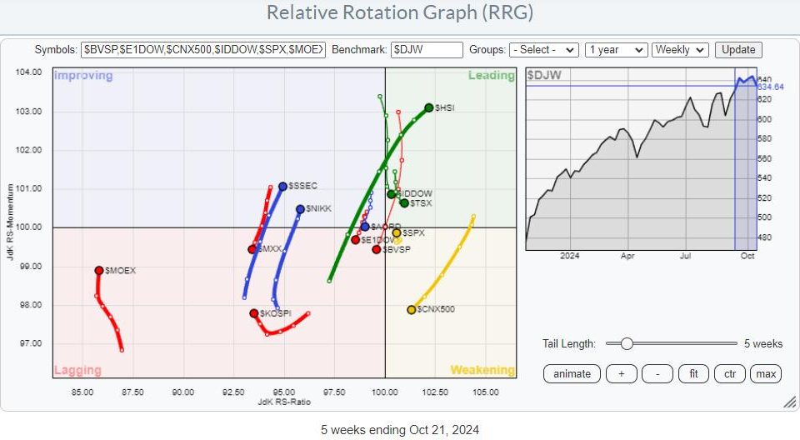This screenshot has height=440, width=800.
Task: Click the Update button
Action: (x=738, y=50)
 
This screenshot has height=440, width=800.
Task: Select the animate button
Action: (x=572, y=374)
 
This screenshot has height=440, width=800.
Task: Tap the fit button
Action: (x=693, y=374)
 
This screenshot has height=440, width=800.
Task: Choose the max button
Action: (x=765, y=374)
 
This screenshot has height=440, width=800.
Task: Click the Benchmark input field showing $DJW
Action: (x=426, y=50)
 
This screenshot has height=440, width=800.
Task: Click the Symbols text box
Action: (x=203, y=50)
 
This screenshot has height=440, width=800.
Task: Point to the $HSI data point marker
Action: (x=428, y=107)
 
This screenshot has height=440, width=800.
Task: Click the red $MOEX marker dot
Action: (x=99, y=270)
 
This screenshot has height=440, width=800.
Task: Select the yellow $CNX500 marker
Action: (x=412, y=310)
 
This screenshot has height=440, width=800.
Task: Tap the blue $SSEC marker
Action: (x=282, y=186)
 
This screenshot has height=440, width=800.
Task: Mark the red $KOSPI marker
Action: (x=254, y=313)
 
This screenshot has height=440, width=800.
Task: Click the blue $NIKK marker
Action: (x=300, y=209)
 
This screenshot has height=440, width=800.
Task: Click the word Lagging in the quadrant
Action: (x=77, y=370)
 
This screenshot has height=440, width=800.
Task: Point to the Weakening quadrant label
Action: (x=482, y=370)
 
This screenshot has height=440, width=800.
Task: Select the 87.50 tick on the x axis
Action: (x=132, y=392)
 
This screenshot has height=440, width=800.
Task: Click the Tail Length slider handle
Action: (x=626, y=343)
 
